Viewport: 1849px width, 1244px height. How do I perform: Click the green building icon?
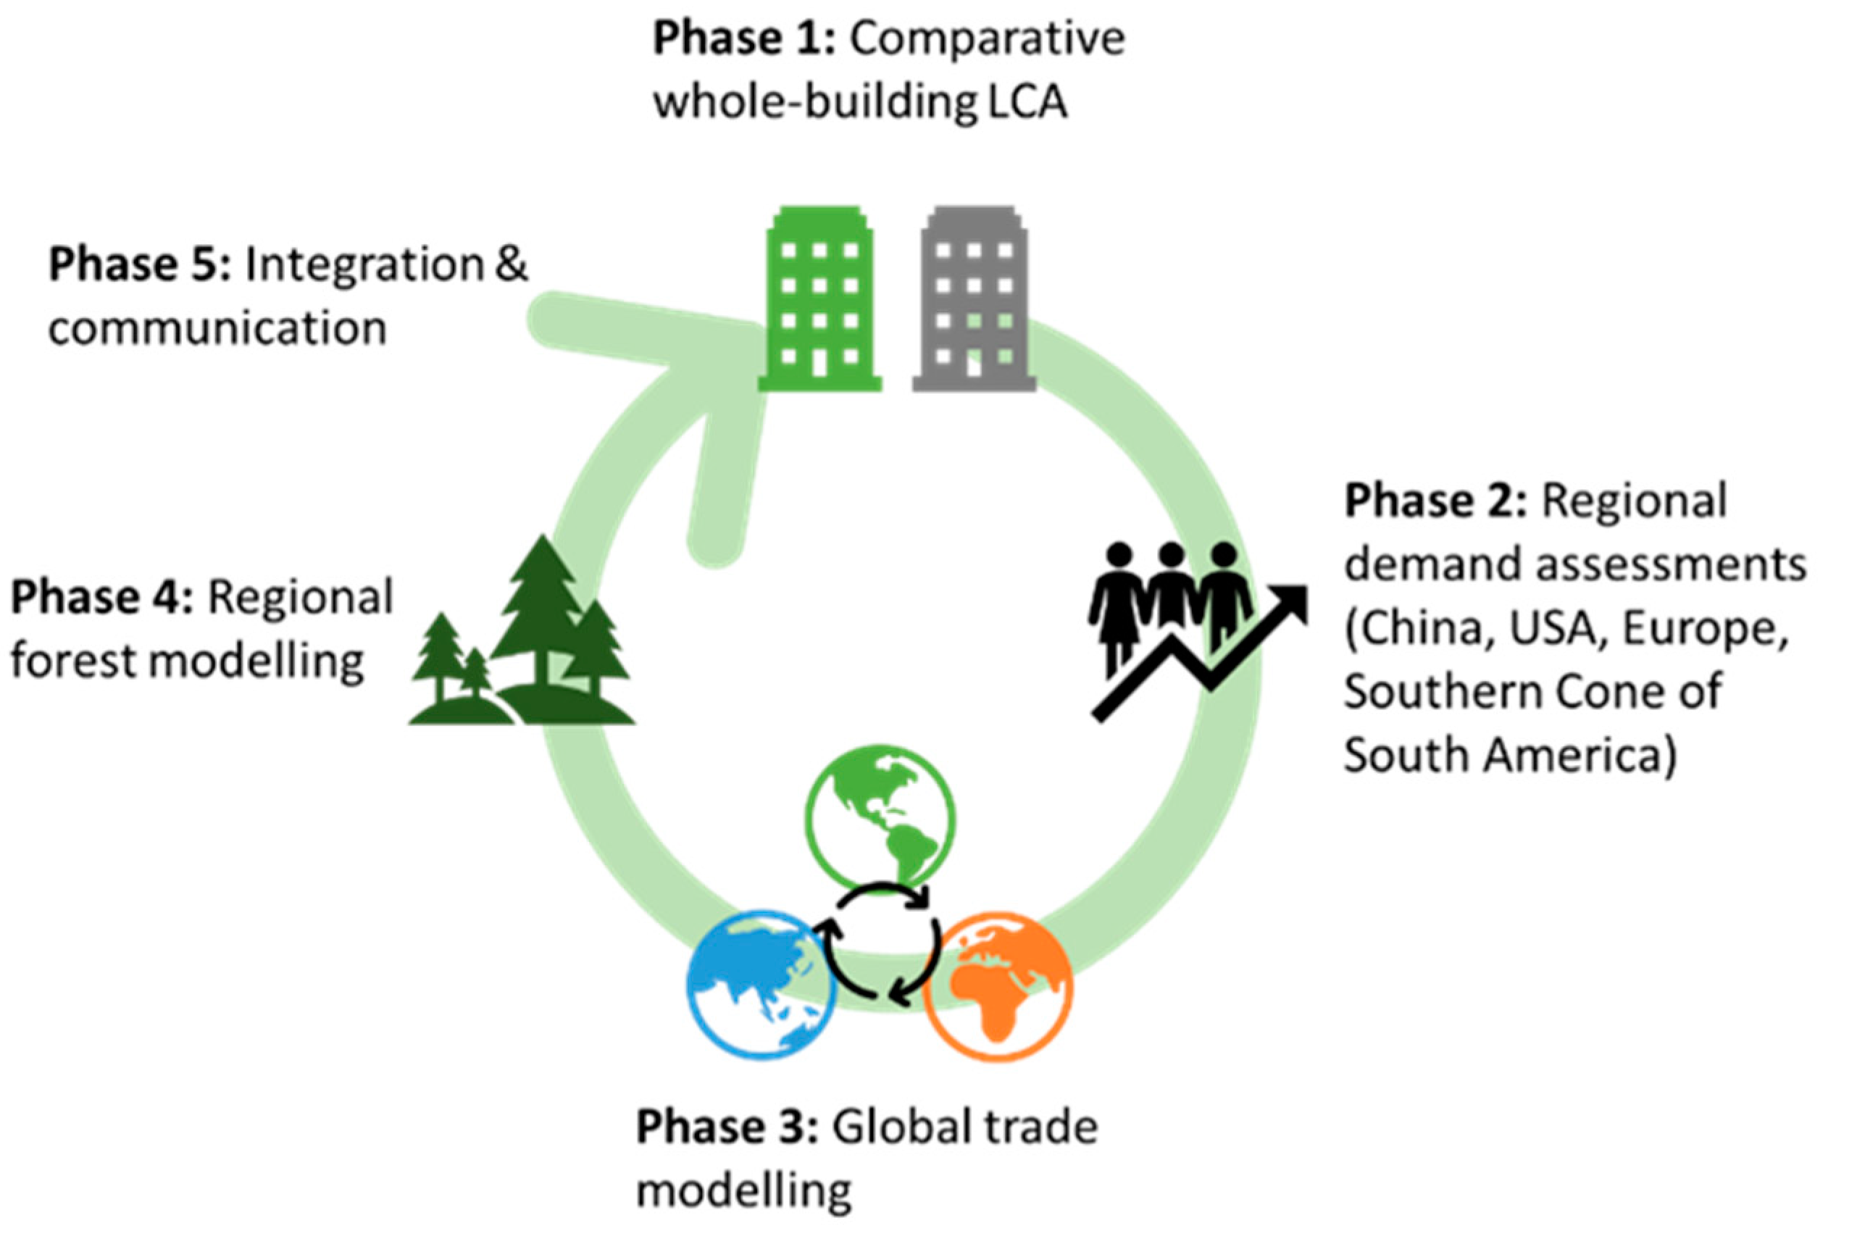click(x=819, y=300)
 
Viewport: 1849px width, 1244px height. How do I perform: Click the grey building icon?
click(x=974, y=300)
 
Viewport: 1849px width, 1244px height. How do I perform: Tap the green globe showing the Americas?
click(x=880, y=819)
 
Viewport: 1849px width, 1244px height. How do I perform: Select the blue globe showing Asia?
click(x=760, y=985)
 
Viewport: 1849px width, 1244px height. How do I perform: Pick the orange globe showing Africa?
click(x=998, y=985)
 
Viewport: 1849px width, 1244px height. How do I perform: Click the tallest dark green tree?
click(x=542, y=611)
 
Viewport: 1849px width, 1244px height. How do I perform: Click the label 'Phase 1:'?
click(x=743, y=38)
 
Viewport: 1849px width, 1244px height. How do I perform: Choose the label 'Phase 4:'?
click(x=101, y=596)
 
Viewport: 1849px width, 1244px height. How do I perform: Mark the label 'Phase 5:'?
click(x=140, y=264)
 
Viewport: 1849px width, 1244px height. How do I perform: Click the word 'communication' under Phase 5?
click(x=217, y=328)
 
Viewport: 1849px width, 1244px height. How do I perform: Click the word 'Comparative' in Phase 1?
click(x=988, y=38)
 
